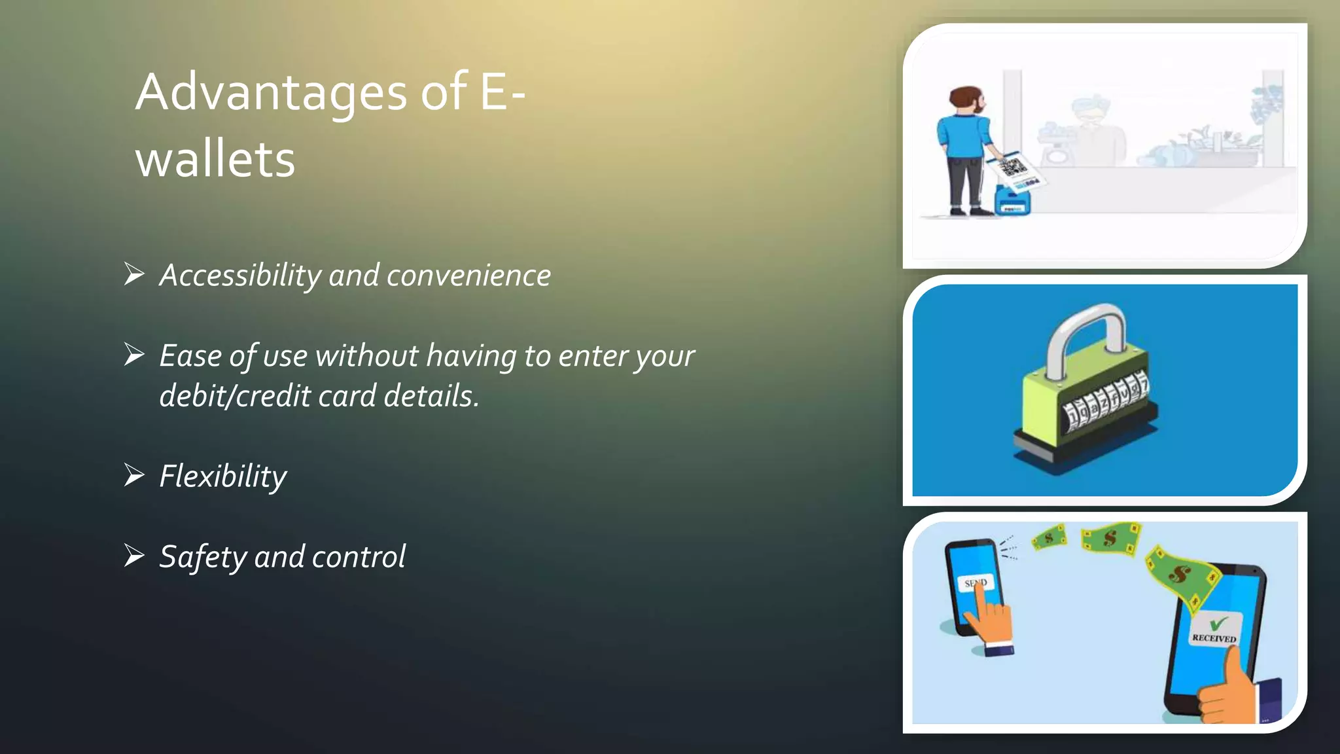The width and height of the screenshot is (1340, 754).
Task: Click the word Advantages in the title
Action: coord(272,93)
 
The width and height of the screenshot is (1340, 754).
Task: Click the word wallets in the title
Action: coord(216,160)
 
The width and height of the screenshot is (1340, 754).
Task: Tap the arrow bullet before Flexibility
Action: coord(134,475)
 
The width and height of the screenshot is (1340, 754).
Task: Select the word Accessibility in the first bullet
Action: coord(239,276)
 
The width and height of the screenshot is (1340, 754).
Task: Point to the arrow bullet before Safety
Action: coord(134,556)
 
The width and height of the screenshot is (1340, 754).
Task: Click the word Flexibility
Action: coord(223,476)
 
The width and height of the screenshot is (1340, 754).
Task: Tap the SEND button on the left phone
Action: coord(976,582)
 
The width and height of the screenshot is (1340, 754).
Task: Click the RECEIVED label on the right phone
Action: coord(1214,637)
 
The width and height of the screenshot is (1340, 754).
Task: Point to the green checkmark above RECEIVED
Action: coord(1217,622)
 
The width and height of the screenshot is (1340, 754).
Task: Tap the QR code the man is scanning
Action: coord(1013,167)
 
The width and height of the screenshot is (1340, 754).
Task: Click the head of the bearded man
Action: coord(967,101)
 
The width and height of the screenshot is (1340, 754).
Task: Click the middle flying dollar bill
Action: coord(1110,539)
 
